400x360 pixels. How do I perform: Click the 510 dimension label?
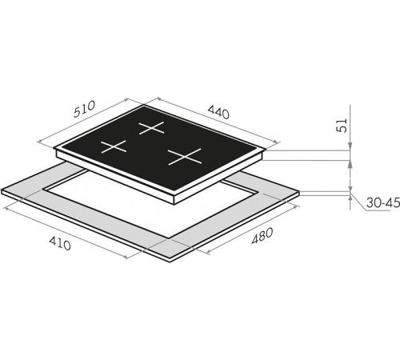click(84, 109)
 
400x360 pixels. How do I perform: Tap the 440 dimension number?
click(218, 112)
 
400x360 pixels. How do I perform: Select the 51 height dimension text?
click(342, 125)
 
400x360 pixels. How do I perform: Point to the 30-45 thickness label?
click(383, 203)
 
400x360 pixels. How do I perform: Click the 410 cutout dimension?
click(60, 243)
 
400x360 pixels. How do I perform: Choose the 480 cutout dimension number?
click(262, 236)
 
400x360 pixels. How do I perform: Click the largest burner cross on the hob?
click(185, 157)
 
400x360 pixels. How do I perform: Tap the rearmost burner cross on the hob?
click(151, 128)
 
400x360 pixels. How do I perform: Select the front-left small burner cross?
click(114, 146)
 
